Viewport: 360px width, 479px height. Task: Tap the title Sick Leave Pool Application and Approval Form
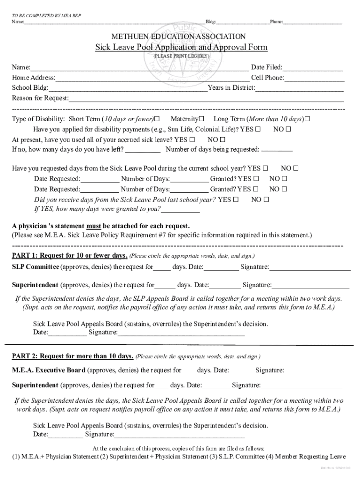point(181,47)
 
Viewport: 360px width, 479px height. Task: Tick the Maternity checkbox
point(202,119)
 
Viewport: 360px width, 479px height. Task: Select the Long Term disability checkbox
point(307,119)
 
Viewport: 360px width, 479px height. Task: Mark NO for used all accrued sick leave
point(222,139)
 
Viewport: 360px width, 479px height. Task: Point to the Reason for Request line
point(206,98)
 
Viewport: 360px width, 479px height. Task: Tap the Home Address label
point(33,78)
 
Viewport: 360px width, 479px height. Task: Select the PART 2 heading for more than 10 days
point(72,356)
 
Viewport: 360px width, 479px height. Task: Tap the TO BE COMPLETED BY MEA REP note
point(46,15)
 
